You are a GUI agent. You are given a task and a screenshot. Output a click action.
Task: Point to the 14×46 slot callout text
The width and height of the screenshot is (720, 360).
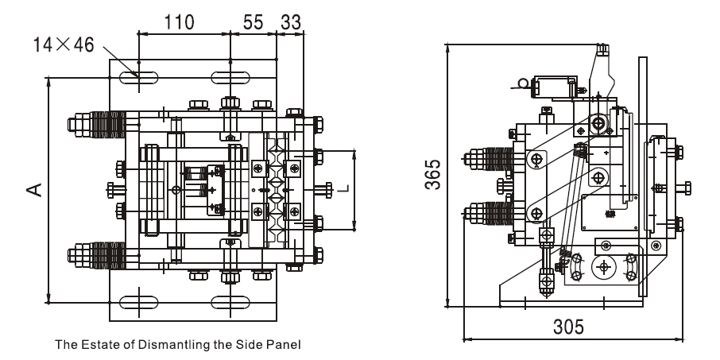pyautogui.click(x=63, y=45)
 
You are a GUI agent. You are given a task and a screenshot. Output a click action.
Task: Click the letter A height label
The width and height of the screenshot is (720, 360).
pyautogui.click(x=32, y=188)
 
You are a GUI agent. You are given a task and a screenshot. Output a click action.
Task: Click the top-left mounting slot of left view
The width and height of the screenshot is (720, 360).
pyautogui.click(x=139, y=78)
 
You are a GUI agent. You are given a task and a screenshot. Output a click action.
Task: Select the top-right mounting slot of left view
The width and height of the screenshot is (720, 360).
pyautogui.click(x=230, y=78)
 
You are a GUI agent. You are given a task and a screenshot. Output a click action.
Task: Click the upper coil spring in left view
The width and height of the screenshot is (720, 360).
pyautogui.click(x=106, y=125)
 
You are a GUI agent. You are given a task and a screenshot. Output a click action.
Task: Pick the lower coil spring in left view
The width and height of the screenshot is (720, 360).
pyautogui.click(x=106, y=255)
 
